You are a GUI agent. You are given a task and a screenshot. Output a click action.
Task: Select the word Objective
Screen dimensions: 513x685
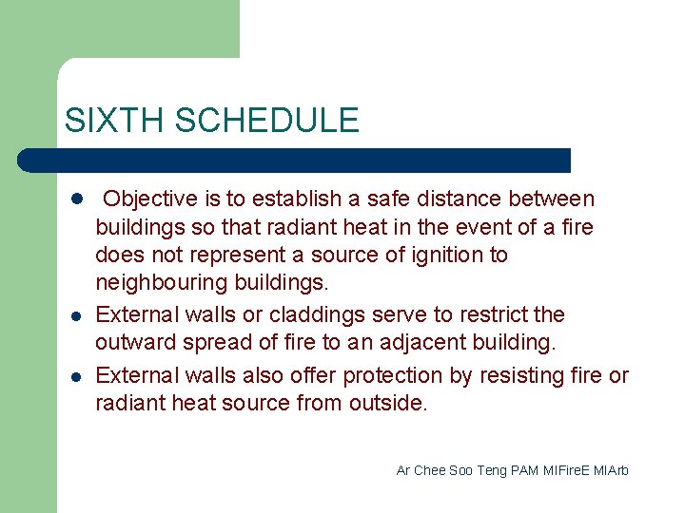tap(150, 199)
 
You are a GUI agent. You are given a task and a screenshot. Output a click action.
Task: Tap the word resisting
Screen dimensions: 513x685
tap(525, 376)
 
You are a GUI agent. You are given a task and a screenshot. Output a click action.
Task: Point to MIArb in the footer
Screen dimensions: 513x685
tap(613, 471)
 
